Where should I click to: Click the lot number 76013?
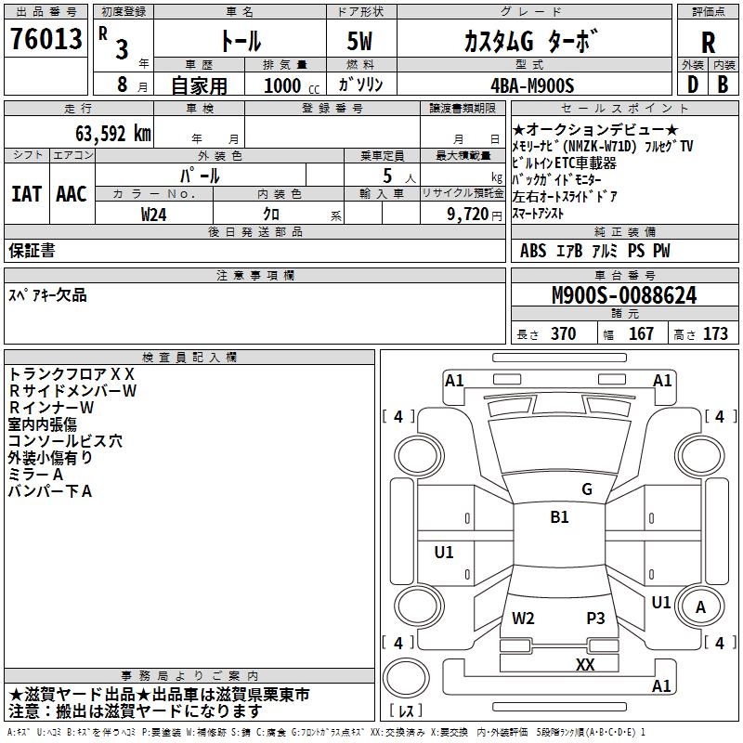point(46,38)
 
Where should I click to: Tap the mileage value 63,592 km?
point(113,134)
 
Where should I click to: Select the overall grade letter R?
point(708,43)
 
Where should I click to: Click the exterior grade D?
point(693,85)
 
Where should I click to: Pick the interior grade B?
point(723,85)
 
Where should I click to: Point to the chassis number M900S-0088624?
point(624,295)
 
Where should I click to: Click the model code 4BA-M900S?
point(532,85)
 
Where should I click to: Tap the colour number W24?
point(153,215)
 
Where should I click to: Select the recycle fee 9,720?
point(468,215)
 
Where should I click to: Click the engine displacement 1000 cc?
point(292,85)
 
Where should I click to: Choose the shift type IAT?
point(27,194)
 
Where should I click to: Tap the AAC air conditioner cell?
point(72,194)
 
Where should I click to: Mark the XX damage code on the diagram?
point(585,664)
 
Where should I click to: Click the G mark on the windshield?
point(587,489)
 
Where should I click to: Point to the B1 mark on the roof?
point(559,516)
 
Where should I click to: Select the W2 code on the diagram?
point(523,618)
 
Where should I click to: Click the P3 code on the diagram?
point(595,618)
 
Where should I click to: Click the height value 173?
point(715,333)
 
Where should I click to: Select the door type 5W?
point(359,41)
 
